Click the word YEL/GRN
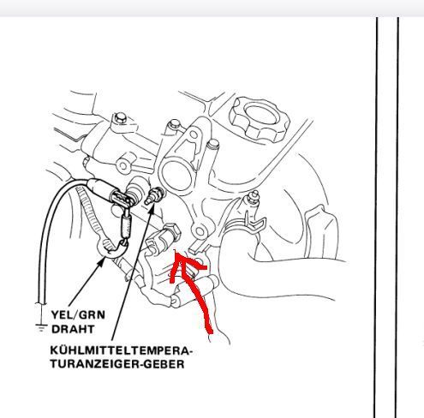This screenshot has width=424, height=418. click(x=78, y=315)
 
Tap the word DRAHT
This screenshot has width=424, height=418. click(x=73, y=329)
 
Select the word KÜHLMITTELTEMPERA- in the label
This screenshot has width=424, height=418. click(x=122, y=350)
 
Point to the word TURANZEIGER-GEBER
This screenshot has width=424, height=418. click(x=117, y=364)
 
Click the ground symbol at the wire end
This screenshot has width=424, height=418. click(x=42, y=327)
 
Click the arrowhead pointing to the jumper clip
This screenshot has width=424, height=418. click(x=100, y=261)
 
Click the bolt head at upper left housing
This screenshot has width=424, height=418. click(x=120, y=118)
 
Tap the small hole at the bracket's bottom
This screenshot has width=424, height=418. click(x=200, y=231)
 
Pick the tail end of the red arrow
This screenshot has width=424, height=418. click(x=210, y=331)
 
